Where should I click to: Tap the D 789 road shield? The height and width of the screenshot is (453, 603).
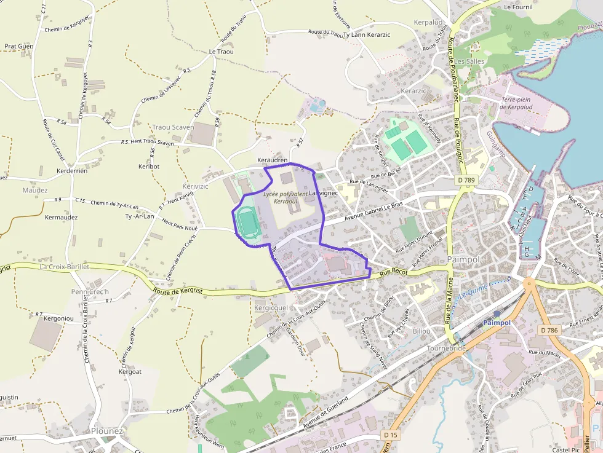coord(467,180)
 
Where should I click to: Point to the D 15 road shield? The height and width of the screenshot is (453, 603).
coord(389,435)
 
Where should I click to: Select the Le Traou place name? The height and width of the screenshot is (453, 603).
coord(222,52)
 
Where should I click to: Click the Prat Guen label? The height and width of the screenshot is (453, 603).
coord(19,46)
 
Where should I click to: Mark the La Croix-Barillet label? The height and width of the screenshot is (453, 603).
coord(64,267)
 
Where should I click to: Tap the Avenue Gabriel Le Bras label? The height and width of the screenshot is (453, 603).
coord(373,210)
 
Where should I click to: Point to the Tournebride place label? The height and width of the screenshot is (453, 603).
coord(447,348)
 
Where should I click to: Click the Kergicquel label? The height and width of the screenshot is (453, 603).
coord(271,307)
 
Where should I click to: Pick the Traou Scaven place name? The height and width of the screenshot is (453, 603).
coord(173,127)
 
